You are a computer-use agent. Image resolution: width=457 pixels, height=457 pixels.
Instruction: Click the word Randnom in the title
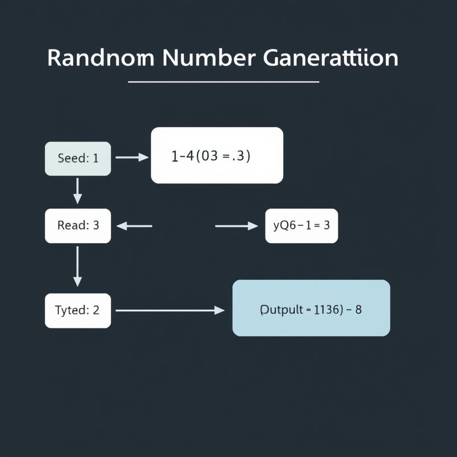[x=100, y=58]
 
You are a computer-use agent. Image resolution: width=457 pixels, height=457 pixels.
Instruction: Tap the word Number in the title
[x=209, y=58]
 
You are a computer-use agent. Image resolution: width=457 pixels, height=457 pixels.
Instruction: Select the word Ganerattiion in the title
[x=331, y=58]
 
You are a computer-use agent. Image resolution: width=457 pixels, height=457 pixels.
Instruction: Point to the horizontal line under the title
[x=223, y=82]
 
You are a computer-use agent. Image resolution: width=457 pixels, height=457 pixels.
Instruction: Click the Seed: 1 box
[x=78, y=158]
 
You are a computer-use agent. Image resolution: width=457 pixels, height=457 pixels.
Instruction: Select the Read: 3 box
[x=78, y=226]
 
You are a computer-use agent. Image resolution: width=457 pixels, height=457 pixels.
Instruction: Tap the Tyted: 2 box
[x=78, y=311]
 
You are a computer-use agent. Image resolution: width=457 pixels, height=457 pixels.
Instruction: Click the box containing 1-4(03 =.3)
[x=217, y=155]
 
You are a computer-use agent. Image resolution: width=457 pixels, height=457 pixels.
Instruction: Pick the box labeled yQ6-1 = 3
[x=301, y=226]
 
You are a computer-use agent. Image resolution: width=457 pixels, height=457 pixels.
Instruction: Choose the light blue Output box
[x=311, y=308]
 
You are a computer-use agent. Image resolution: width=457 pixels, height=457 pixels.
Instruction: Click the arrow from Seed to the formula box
[x=132, y=157]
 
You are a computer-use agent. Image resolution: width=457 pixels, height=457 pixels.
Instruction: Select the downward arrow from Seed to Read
[x=78, y=191]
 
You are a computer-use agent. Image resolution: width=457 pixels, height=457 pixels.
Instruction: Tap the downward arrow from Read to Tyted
[x=78, y=266]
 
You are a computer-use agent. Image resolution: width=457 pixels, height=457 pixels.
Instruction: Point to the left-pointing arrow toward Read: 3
[x=134, y=226]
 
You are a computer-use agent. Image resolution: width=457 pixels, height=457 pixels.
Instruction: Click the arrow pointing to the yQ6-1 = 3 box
[x=236, y=226]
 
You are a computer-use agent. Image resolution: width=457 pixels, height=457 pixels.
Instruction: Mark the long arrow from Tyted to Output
[x=170, y=310]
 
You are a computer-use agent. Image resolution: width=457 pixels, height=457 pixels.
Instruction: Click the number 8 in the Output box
[x=358, y=310]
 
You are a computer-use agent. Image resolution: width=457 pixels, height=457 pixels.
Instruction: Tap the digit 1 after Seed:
[x=96, y=158]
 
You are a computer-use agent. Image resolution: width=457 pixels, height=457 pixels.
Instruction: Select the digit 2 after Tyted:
[x=96, y=311]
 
